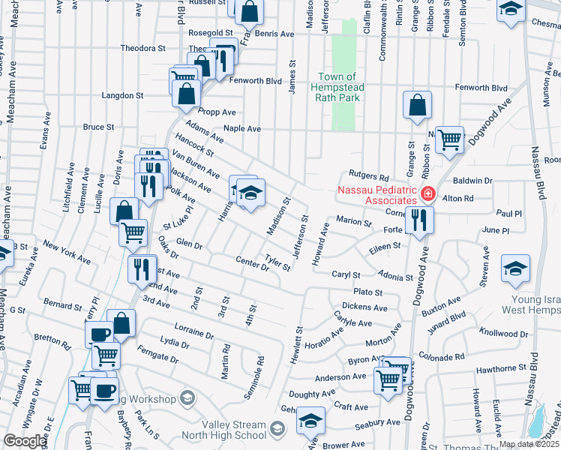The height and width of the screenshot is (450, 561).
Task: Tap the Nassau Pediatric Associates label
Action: click(x=376, y=195)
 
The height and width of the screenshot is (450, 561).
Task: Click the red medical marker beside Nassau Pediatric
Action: click(x=427, y=194)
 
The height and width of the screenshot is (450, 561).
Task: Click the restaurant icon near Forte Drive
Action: click(x=418, y=220)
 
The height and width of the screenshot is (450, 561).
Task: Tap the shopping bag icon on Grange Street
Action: click(x=417, y=106)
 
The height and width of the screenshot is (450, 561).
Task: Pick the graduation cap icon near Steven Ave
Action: click(x=515, y=268)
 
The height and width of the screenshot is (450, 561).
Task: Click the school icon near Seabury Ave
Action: click(x=310, y=421)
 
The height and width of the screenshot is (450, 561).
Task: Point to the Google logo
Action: click(x=25, y=441)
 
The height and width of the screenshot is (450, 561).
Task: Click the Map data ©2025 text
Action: click(x=528, y=444)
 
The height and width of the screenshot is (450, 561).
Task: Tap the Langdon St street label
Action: click(x=123, y=95)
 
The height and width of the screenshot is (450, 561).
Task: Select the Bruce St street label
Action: click(x=98, y=127)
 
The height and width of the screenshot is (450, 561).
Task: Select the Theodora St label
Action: click(x=142, y=48)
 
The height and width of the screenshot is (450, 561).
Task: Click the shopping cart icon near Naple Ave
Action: click(x=449, y=139)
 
